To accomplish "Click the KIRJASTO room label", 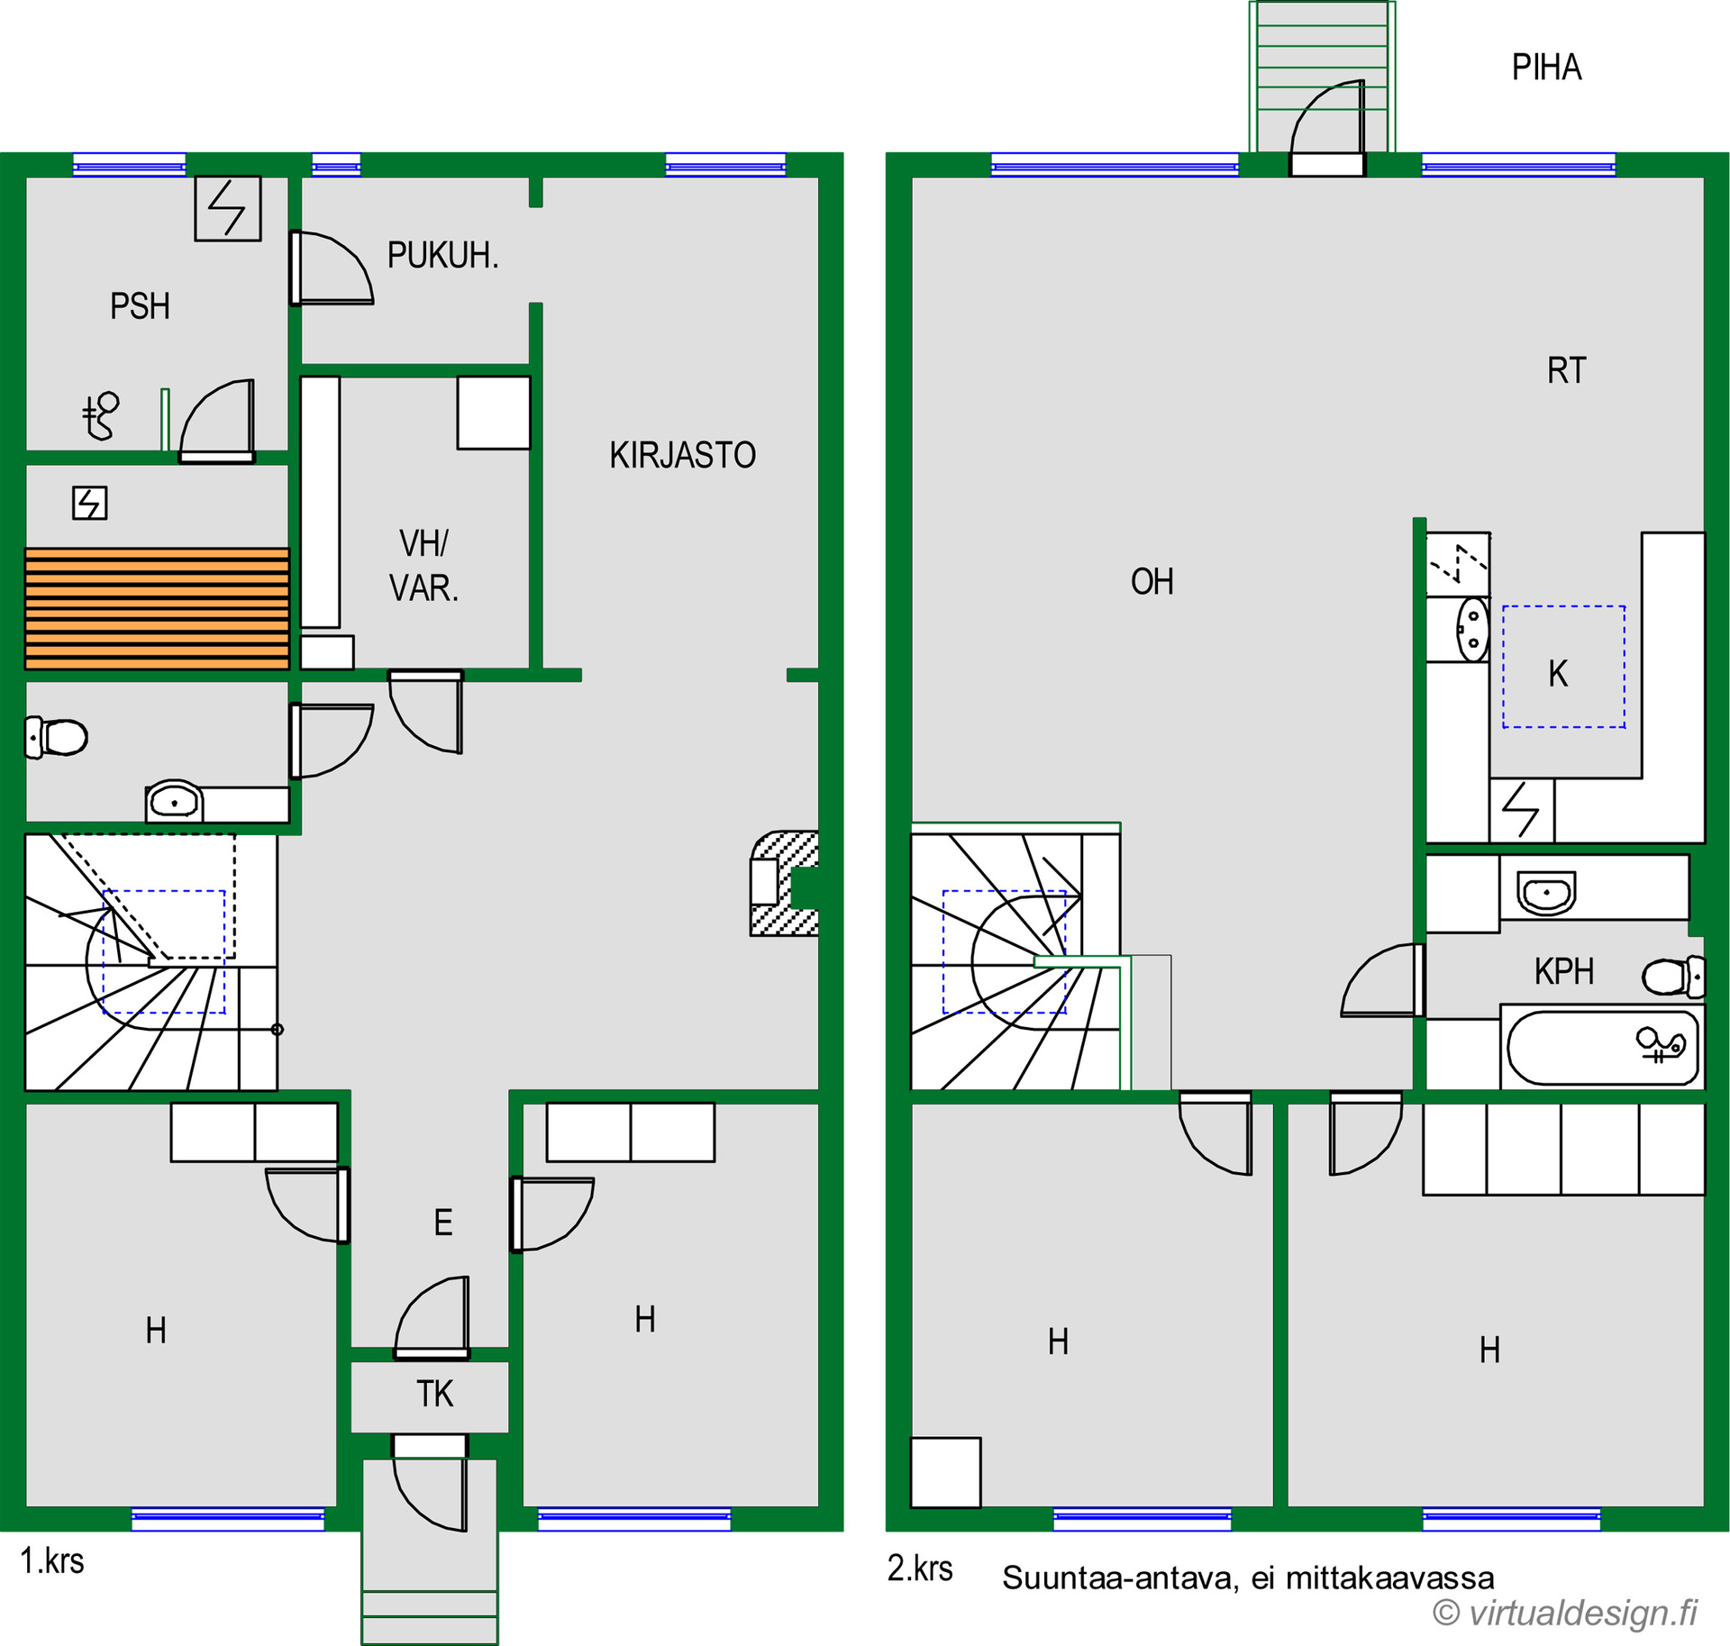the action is [x=682, y=455].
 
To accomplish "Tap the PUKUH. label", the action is [x=442, y=256].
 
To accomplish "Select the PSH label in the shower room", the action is [x=140, y=306].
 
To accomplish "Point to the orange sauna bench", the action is [x=157, y=609].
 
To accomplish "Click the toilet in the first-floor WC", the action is [x=56, y=738].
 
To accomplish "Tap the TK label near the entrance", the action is [x=434, y=1394].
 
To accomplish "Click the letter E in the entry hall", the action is [x=442, y=1223].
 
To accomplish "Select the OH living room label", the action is [x=1152, y=582].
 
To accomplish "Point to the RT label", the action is [x=1566, y=370].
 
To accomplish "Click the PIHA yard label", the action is [x=1546, y=68].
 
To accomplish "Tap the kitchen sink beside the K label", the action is [x=1472, y=629].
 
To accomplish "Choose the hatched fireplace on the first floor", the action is [x=785, y=883].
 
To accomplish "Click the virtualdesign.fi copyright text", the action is [x=1565, y=1613].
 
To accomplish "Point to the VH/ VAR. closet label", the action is [x=423, y=566].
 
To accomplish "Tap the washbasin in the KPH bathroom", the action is [x=1546, y=892].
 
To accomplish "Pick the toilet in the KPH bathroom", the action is [x=1673, y=977].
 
